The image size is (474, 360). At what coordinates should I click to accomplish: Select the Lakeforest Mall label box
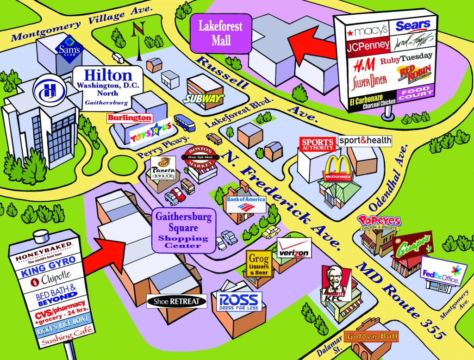click(221, 32)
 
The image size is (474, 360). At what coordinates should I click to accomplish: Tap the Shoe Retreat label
click(176, 301)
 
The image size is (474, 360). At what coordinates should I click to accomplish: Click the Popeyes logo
click(379, 223)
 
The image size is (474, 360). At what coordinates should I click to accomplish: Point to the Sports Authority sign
click(317, 144)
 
